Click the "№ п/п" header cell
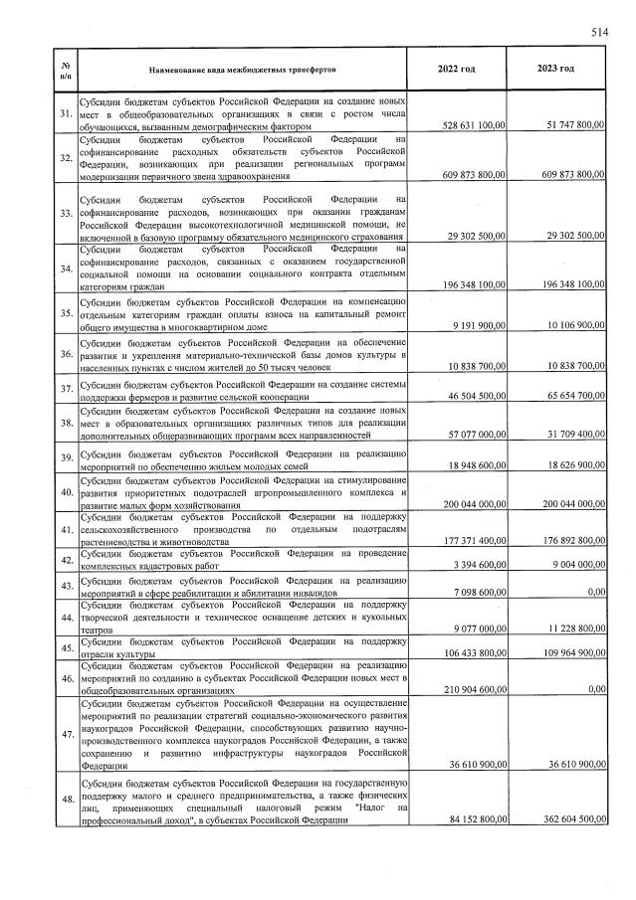pos(66,70)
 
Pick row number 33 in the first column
pos(66,214)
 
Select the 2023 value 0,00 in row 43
pos(595,592)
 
